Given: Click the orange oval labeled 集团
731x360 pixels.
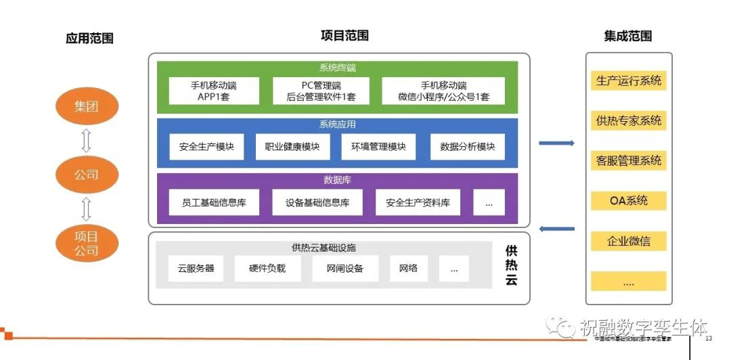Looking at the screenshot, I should pyautogui.click(x=87, y=106).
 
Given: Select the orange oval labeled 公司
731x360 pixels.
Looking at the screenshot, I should pyautogui.click(x=87, y=174).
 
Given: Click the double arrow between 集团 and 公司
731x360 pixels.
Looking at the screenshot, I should pyautogui.click(x=87, y=140).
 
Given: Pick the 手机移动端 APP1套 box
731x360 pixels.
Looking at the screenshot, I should pyautogui.click(x=214, y=91).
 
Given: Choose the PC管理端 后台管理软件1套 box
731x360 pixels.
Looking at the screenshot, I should pyautogui.click(x=321, y=91).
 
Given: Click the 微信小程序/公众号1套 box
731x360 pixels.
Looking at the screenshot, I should pyautogui.click(x=443, y=91).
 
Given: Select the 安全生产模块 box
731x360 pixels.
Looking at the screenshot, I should pyautogui.click(x=206, y=146).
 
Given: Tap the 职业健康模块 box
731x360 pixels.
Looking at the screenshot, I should pyautogui.click(x=292, y=146).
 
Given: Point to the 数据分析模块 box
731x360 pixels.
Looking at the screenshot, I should pyautogui.click(x=467, y=146).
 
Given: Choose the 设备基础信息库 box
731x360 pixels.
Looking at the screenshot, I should pyautogui.click(x=317, y=202).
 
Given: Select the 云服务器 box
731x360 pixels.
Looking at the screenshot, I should pyautogui.click(x=196, y=268).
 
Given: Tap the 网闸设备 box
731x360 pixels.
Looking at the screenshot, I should pyautogui.click(x=345, y=268).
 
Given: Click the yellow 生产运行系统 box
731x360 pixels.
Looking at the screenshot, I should pyautogui.click(x=628, y=81).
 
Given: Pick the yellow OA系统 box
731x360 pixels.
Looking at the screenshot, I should pyautogui.click(x=628, y=200).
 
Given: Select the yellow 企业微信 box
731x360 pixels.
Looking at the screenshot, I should pyautogui.click(x=628, y=241).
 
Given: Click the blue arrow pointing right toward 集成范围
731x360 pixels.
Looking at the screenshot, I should pyautogui.click(x=556, y=143).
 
